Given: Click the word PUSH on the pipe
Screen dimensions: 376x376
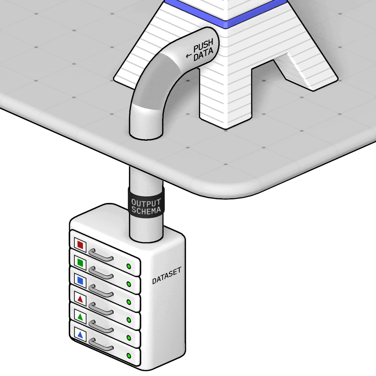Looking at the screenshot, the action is tap(203, 45).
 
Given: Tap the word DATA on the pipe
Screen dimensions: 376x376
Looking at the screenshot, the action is tap(203, 54).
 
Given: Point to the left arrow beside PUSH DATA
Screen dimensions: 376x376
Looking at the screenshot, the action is tap(189, 56).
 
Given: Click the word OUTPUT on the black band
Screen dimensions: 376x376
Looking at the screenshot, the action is tap(146, 203).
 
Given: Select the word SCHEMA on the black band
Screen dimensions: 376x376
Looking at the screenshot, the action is tap(146, 210).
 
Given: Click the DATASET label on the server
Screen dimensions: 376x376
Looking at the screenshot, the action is tap(166, 275).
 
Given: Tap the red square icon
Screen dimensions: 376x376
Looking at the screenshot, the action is tap(80, 245).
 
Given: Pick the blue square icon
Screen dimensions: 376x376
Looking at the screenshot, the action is tap(80, 280).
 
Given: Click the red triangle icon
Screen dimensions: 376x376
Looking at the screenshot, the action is tap(80, 299).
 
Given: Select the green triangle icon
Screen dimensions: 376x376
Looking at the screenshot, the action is tap(80, 317).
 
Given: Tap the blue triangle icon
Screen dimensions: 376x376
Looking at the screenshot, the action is tap(80, 335).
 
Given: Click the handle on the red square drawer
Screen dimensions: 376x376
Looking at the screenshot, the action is tap(101, 255).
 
